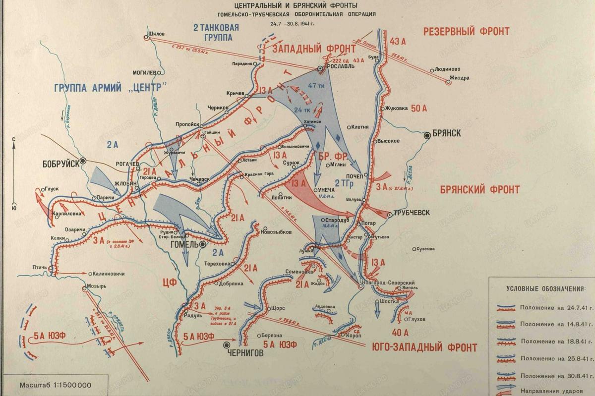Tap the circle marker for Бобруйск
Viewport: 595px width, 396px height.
click(x=83, y=160)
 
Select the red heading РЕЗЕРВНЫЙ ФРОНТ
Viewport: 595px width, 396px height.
click(x=466, y=32)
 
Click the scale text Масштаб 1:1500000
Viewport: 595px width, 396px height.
click(x=49, y=385)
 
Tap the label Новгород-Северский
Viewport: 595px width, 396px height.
click(x=390, y=282)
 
